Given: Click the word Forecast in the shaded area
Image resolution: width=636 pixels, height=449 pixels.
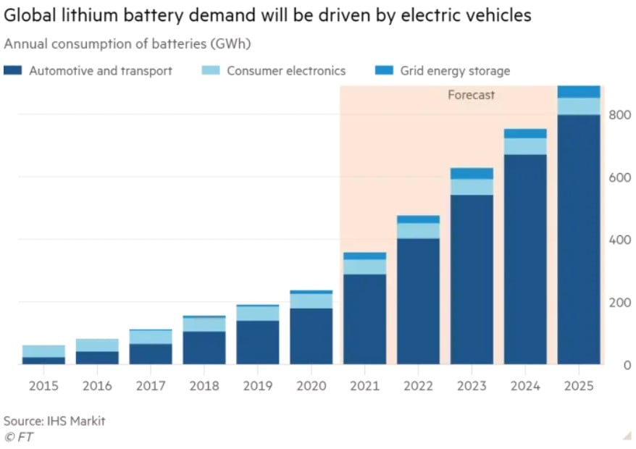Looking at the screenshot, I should [471, 95].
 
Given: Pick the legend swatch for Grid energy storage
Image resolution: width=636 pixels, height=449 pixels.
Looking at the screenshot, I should [383, 70].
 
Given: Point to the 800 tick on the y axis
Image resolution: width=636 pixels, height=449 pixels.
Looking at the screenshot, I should [620, 115].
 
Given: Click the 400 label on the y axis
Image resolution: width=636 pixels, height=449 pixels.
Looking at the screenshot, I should [620, 240].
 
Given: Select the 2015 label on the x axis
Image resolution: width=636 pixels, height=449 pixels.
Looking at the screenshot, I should [43, 386].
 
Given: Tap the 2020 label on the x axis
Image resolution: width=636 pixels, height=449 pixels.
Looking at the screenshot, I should [311, 386].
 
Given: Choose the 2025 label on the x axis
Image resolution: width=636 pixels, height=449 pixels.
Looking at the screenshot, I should [578, 386].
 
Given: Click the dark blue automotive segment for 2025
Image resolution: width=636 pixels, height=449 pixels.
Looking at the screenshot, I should [578, 239].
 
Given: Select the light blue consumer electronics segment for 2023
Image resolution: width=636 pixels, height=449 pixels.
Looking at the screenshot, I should [471, 187].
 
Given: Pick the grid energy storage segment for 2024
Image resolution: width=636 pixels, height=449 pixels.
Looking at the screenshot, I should [524, 133].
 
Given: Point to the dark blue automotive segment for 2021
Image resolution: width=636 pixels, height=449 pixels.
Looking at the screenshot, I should [364, 319].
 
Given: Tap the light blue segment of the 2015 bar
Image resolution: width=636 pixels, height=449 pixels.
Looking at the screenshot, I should [43, 351].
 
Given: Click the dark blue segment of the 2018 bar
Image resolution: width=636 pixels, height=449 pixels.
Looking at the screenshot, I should [204, 348].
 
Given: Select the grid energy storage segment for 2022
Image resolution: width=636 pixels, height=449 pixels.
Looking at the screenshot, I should [418, 219].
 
